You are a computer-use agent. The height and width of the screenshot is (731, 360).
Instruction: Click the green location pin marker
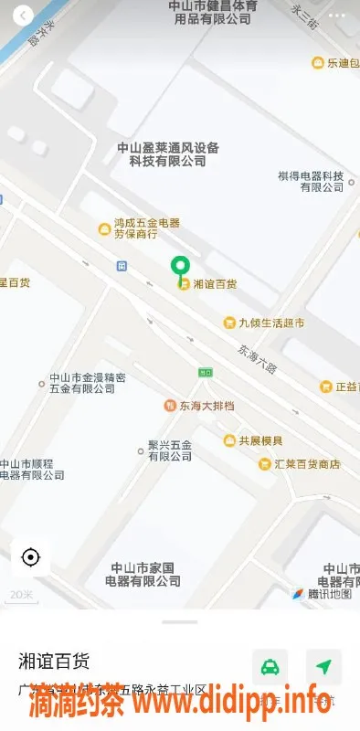(x=180, y=266)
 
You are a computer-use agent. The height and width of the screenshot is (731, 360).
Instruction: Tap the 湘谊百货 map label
(x=215, y=284)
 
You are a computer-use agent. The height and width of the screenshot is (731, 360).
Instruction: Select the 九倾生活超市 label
(x=270, y=323)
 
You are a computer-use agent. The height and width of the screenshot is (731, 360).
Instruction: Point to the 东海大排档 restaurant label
(x=205, y=405)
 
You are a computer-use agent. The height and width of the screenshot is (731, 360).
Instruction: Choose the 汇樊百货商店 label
(x=306, y=464)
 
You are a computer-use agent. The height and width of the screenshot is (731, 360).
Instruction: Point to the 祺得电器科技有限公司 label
(x=311, y=181)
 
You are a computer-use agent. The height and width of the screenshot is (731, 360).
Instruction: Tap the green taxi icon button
(x=270, y=667)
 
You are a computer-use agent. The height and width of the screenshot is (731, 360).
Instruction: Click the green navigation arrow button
(x=323, y=667)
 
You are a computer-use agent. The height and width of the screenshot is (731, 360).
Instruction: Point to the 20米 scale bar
(x=20, y=596)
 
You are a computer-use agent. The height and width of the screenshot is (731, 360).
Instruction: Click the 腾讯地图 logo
(x=322, y=594)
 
